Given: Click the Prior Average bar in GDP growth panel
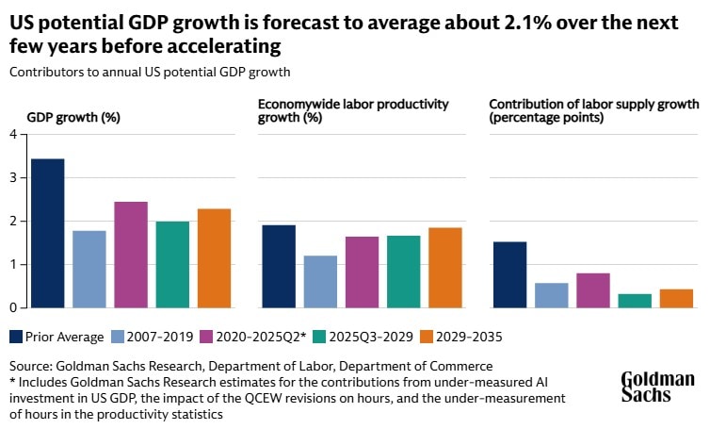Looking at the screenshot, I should pos(47,233).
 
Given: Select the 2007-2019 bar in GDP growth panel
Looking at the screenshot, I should pos(89,269).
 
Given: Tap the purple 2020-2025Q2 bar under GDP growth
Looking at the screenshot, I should pos(131,255).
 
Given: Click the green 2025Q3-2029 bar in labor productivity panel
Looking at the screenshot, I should pos(404,272).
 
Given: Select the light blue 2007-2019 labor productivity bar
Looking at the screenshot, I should pos(320,281).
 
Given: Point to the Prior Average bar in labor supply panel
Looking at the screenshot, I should pos(509,274).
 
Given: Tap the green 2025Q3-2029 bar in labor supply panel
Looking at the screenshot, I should pos(635,300).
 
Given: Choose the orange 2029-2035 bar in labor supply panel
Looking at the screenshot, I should pos(676,298).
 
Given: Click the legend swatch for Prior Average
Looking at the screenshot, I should pos(17,337).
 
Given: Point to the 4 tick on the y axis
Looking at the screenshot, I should pos(13,134).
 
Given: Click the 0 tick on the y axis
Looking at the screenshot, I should pos(13,307).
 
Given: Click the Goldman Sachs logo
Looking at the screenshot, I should pos(657,387).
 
